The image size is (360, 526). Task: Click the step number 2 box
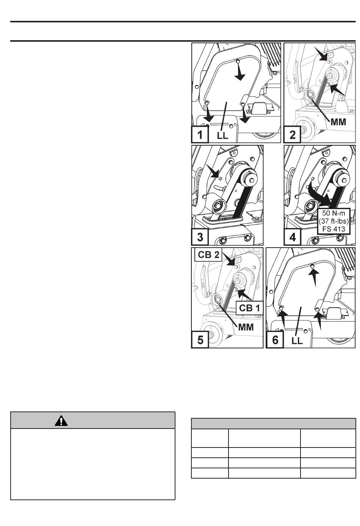point(293,135)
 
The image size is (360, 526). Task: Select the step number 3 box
point(200,237)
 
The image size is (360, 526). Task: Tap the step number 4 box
point(293,237)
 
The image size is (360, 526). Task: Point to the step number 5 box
point(200,339)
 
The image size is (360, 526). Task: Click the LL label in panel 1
point(222,135)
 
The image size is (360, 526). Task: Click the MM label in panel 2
point(341,123)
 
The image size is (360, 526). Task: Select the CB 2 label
point(209,255)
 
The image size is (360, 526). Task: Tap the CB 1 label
point(249,308)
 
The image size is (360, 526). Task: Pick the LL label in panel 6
point(297,340)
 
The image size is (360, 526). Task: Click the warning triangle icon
point(61,420)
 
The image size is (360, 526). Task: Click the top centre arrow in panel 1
point(239,74)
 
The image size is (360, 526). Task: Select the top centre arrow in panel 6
point(313,276)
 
